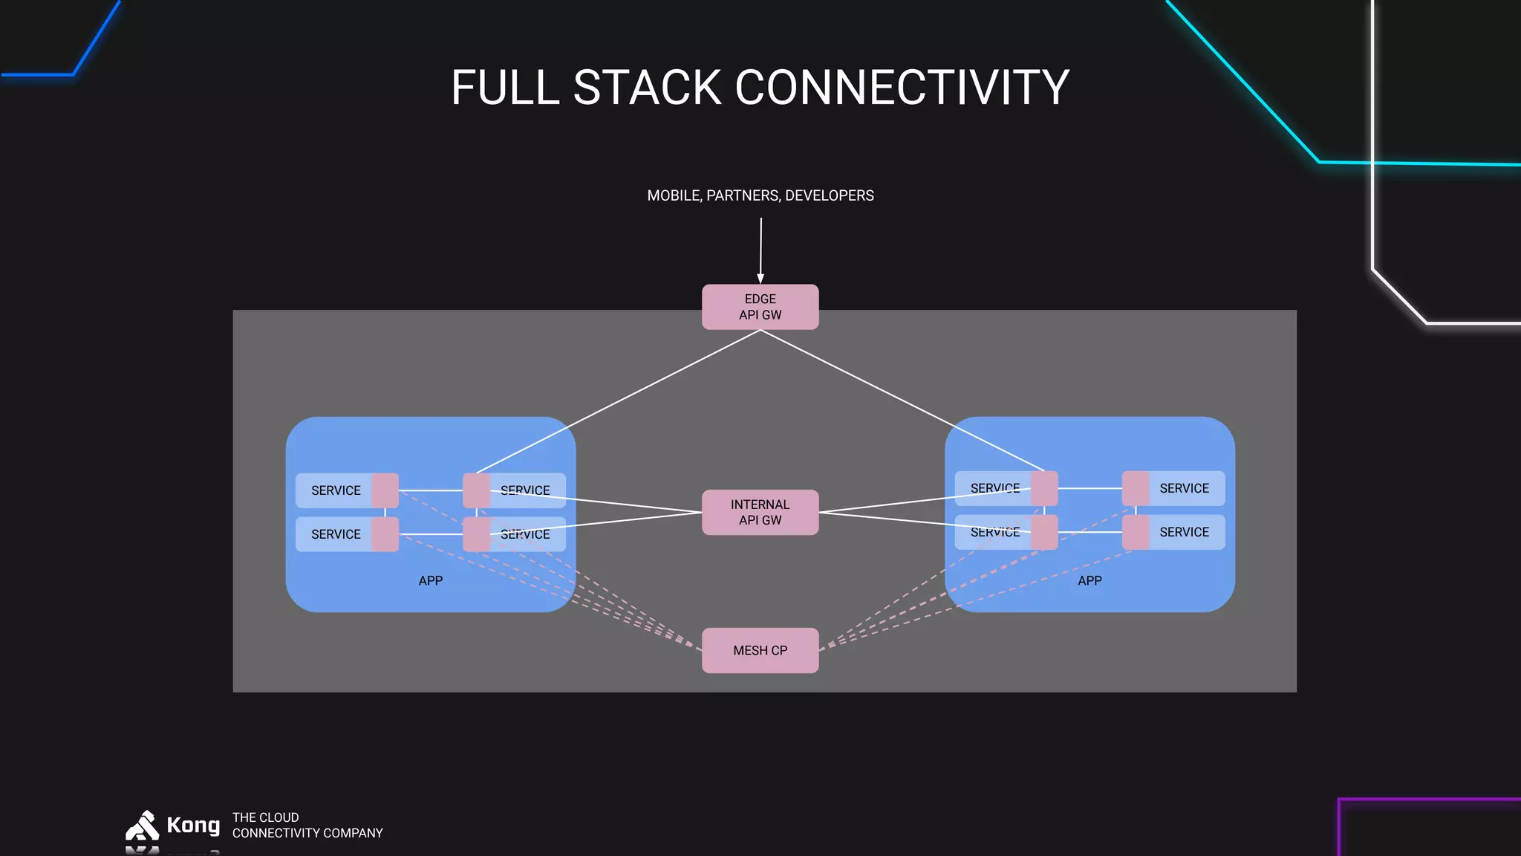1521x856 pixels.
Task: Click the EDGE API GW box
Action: pyautogui.click(x=760, y=307)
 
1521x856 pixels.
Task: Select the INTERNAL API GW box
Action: pyautogui.click(x=760, y=512)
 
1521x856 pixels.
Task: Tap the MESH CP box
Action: pyautogui.click(x=760, y=650)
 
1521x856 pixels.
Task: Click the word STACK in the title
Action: pyautogui.click(x=647, y=88)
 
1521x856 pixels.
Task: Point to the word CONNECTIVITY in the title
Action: pyautogui.click(x=902, y=88)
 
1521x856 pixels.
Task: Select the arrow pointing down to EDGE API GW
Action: pyautogui.click(x=760, y=249)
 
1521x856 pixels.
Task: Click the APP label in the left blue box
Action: pyautogui.click(x=430, y=580)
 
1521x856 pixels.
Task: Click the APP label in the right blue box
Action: pyautogui.click(x=1090, y=580)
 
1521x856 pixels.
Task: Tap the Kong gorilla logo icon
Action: pyautogui.click(x=143, y=826)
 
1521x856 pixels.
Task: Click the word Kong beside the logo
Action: pyautogui.click(x=193, y=825)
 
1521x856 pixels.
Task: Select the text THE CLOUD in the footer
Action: pyautogui.click(x=265, y=817)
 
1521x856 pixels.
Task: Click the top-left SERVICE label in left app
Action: pyautogui.click(x=336, y=490)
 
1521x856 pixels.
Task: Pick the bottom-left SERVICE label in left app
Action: pyautogui.click(x=336, y=534)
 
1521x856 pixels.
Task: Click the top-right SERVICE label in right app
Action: pyautogui.click(x=1184, y=488)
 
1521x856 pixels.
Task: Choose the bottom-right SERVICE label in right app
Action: pyautogui.click(x=1184, y=532)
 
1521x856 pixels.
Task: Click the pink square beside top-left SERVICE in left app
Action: pyautogui.click(x=385, y=490)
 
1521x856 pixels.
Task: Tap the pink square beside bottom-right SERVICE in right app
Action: pyautogui.click(x=1136, y=532)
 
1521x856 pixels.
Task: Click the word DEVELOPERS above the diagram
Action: pyautogui.click(x=829, y=195)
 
